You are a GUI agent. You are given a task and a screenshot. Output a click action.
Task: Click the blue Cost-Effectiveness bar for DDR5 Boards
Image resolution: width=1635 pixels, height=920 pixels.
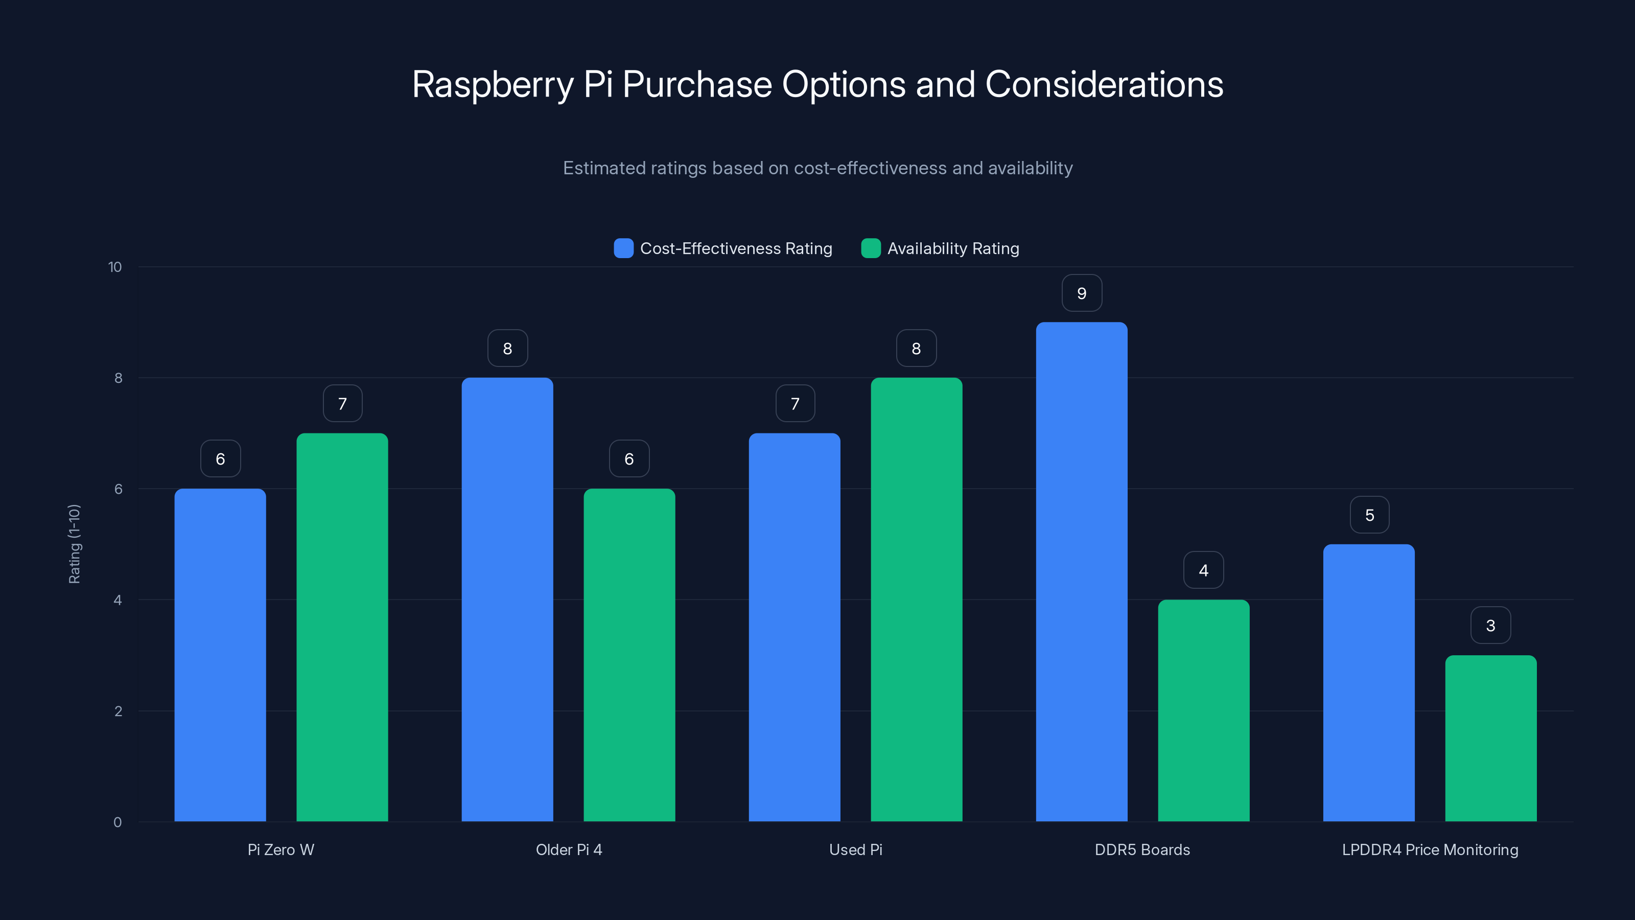pos(1082,571)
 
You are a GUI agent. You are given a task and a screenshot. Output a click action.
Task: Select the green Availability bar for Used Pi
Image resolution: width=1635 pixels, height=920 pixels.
pos(916,600)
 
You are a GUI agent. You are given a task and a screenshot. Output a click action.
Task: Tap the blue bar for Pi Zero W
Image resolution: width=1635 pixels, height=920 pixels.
pos(220,655)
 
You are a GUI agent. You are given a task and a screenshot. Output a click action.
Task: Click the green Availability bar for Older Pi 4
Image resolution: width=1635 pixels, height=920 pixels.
pos(629,655)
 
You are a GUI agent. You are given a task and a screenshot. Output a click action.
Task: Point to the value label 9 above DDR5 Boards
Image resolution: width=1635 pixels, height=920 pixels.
pos(1082,293)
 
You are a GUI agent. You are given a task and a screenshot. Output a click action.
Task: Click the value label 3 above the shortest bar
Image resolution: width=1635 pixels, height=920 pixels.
pos(1490,626)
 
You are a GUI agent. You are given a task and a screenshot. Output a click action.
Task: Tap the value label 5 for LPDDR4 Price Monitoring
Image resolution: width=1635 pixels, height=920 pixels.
pos(1369,515)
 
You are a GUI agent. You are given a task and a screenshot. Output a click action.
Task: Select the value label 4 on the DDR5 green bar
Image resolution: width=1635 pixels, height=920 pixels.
pos(1203,570)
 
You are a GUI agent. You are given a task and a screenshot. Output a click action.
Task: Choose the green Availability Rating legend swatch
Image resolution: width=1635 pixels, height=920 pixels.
pos(871,248)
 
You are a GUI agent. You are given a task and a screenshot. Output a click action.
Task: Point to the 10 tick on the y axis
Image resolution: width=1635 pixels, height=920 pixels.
pos(115,267)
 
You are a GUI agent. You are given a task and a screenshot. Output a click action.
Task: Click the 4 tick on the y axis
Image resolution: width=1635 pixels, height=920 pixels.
pos(118,600)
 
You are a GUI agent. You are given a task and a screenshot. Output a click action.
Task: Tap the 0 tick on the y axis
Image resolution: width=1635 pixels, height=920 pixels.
pos(118,822)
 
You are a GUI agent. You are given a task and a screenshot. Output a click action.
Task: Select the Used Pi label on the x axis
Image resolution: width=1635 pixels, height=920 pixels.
pos(856,849)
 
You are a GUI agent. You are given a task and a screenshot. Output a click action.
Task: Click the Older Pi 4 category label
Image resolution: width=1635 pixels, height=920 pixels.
pos(569,849)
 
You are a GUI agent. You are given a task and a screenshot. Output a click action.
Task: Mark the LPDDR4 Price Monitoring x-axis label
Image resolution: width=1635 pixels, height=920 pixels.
pos(1430,849)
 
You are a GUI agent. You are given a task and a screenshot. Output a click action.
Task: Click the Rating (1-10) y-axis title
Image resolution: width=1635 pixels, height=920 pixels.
pos(74,544)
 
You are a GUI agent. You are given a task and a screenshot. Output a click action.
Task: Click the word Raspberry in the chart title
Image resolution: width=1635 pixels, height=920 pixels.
pos(493,84)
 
